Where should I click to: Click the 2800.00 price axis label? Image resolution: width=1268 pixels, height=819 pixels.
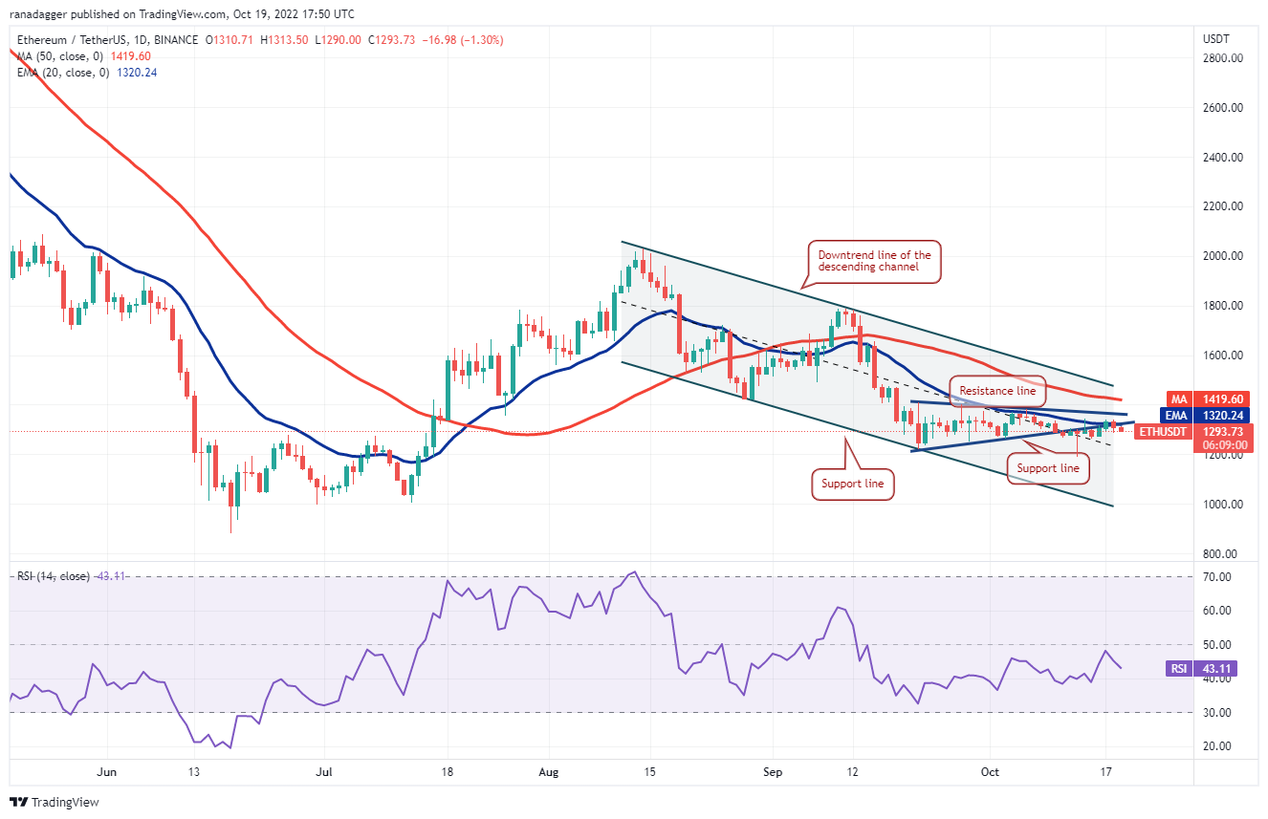[1223, 58]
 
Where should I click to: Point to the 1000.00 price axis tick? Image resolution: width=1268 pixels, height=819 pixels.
[1223, 505]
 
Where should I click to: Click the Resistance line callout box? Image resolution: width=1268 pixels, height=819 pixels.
[997, 391]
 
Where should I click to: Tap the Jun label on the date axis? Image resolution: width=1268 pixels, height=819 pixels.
[106, 770]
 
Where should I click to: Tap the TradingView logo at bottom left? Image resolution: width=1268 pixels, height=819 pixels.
[55, 802]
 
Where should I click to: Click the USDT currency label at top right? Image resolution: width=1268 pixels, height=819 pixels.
[1214, 38]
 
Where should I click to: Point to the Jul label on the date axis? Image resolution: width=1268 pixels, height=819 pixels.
[325, 770]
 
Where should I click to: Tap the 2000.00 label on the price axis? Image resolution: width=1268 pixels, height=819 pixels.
[1223, 256]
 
